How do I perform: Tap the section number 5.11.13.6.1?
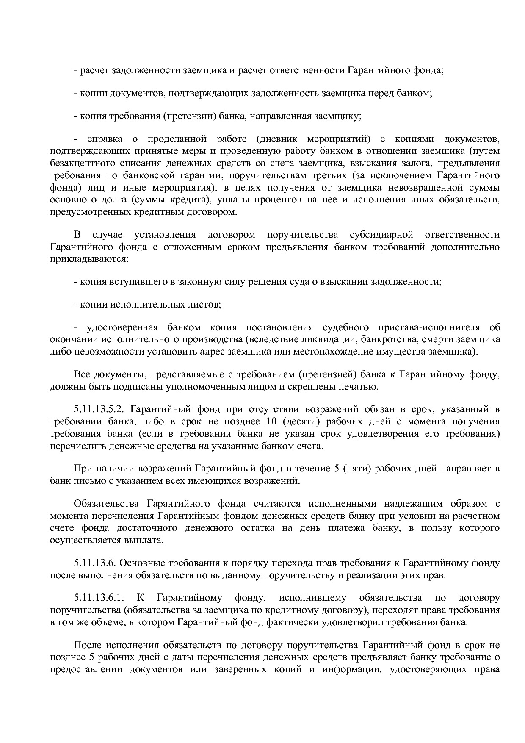click(x=99, y=598)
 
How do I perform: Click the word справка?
click(x=104, y=139)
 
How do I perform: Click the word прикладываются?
click(x=88, y=258)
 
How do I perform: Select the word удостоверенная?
click(x=122, y=327)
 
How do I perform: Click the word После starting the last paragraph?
click(x=87, y=646)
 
